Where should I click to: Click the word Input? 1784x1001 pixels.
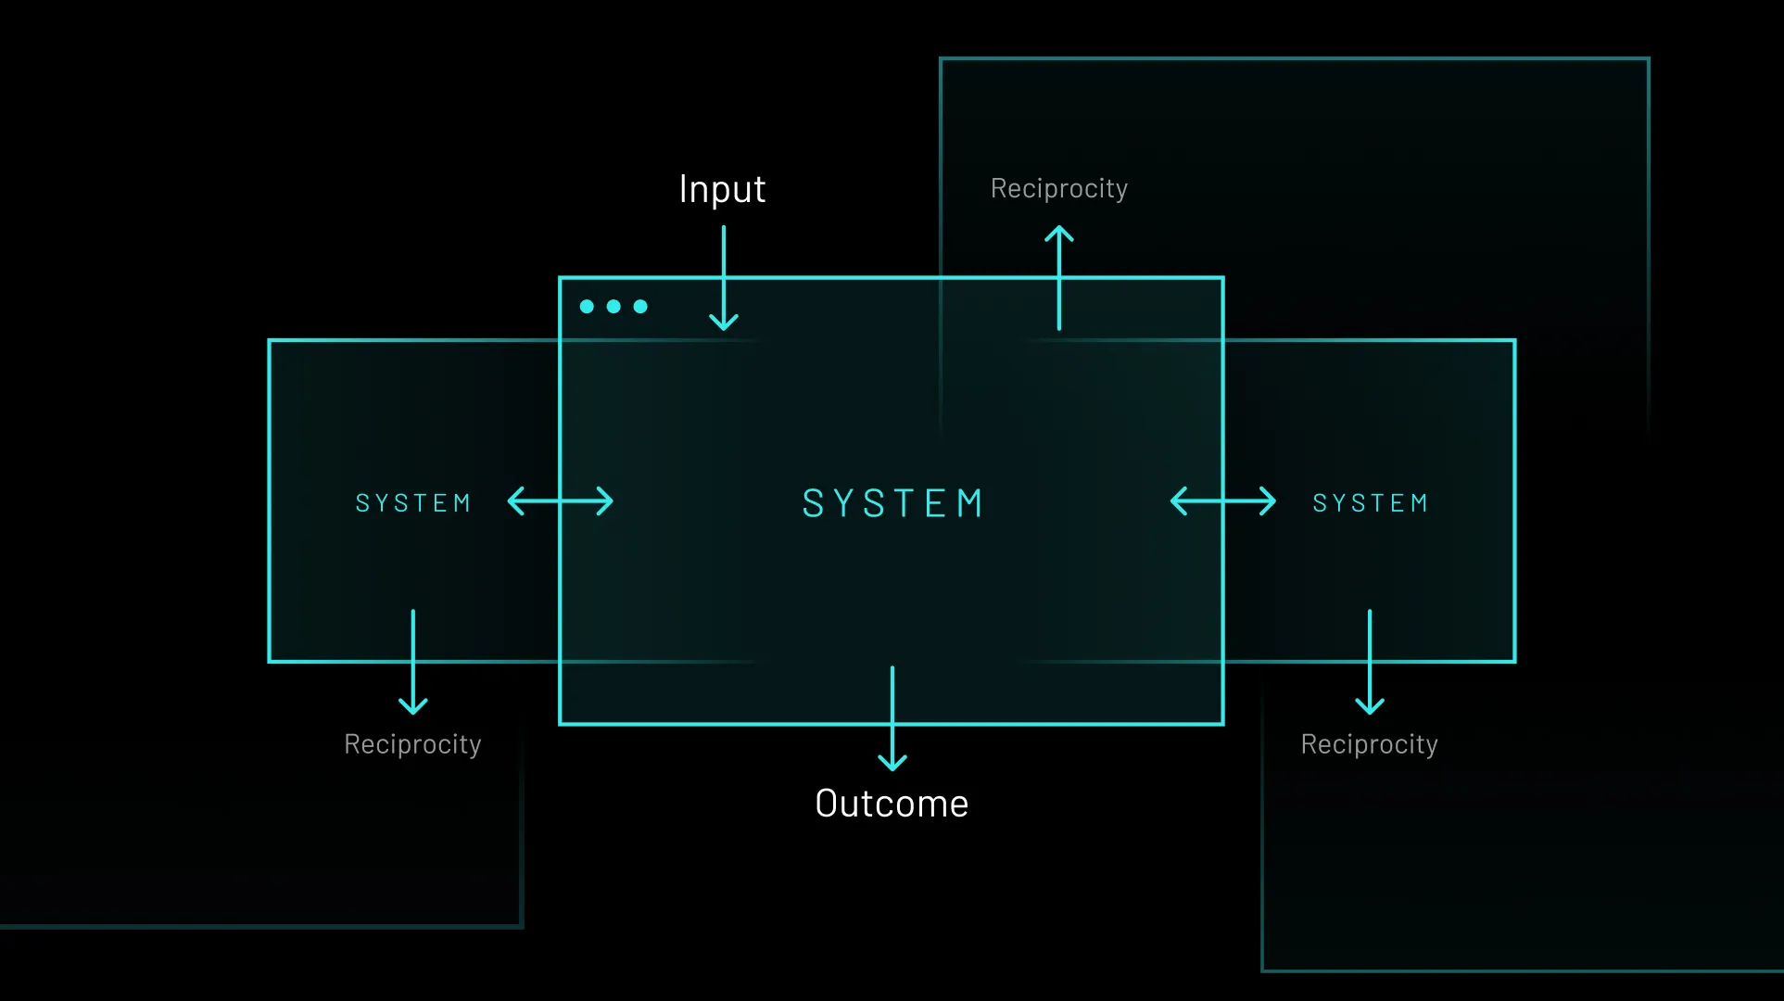click(722, 190)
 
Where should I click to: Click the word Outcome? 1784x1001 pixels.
click(892, 804)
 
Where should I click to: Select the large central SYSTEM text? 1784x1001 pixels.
click(892, 503)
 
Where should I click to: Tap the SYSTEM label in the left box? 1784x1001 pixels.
click(413, 503)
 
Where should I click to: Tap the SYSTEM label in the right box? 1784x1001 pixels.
click(1370, 503)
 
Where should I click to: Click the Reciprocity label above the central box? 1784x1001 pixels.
click(1059, 189)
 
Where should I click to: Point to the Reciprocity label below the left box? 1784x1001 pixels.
click(412, 744)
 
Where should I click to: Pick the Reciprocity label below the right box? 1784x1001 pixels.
click(1369, 744)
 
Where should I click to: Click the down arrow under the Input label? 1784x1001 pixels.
click(724, 278)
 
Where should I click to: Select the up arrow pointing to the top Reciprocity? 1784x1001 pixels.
click(1059, 278)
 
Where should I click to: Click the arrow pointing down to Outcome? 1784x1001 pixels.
click(892, 718)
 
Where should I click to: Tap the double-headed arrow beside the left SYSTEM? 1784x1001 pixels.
click(561, 501)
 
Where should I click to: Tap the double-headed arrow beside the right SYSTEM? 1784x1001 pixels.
click(1223, 501)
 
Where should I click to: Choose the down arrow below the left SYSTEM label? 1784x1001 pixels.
click(413, 662)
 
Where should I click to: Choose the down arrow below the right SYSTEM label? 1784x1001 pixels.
click(1370, 662)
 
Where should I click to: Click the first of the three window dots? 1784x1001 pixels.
click(587, 307)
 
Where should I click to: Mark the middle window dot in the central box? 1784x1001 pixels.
click(614, 307)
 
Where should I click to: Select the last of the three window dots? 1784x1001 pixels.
click(640, 307)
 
